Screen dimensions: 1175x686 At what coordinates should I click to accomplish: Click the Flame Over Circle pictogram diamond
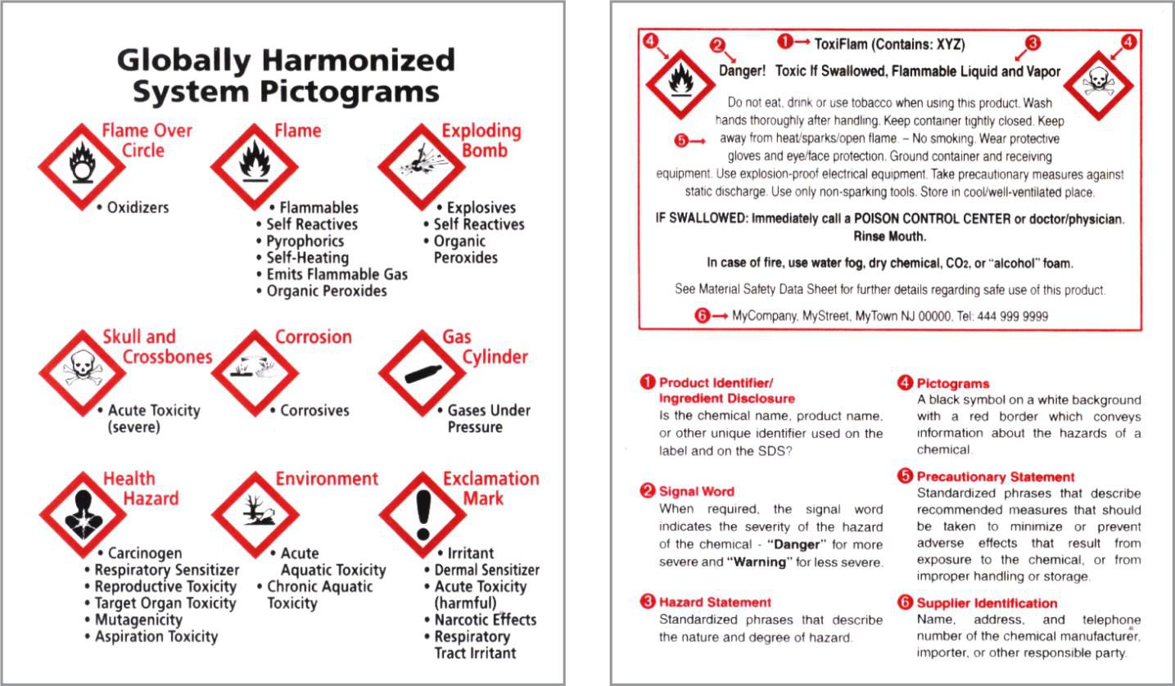click(x=82, y=167)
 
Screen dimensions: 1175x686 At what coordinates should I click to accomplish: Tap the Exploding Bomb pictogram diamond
click(x=422, y=167)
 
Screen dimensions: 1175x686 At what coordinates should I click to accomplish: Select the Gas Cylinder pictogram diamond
click(x=422, y=373)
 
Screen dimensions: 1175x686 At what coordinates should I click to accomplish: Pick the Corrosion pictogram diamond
click(x=255, y=373)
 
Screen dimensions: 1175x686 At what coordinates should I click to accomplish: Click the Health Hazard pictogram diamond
click(x=83, y=515)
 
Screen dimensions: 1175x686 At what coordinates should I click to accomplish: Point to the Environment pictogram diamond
click(x=255, y=515)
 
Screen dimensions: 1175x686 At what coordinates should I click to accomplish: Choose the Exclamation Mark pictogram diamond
click(x=423, y=515)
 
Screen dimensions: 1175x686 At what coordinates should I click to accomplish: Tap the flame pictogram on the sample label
click(x=680, y=84)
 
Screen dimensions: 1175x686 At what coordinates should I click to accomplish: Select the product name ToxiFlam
click(x=840, y=44)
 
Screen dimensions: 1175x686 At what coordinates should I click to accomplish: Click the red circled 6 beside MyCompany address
click(x=702, y=316)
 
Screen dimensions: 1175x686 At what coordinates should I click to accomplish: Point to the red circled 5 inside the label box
click(x=681, y=141)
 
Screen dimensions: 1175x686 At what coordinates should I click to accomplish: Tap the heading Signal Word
click(x=697, y=491)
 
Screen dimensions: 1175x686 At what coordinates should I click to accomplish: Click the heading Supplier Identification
click(x=987, y=603)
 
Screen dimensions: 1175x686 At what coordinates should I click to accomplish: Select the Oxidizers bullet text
click(x=138, y=208)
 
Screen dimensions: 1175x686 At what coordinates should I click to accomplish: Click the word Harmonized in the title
click(x=359, y=60)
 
